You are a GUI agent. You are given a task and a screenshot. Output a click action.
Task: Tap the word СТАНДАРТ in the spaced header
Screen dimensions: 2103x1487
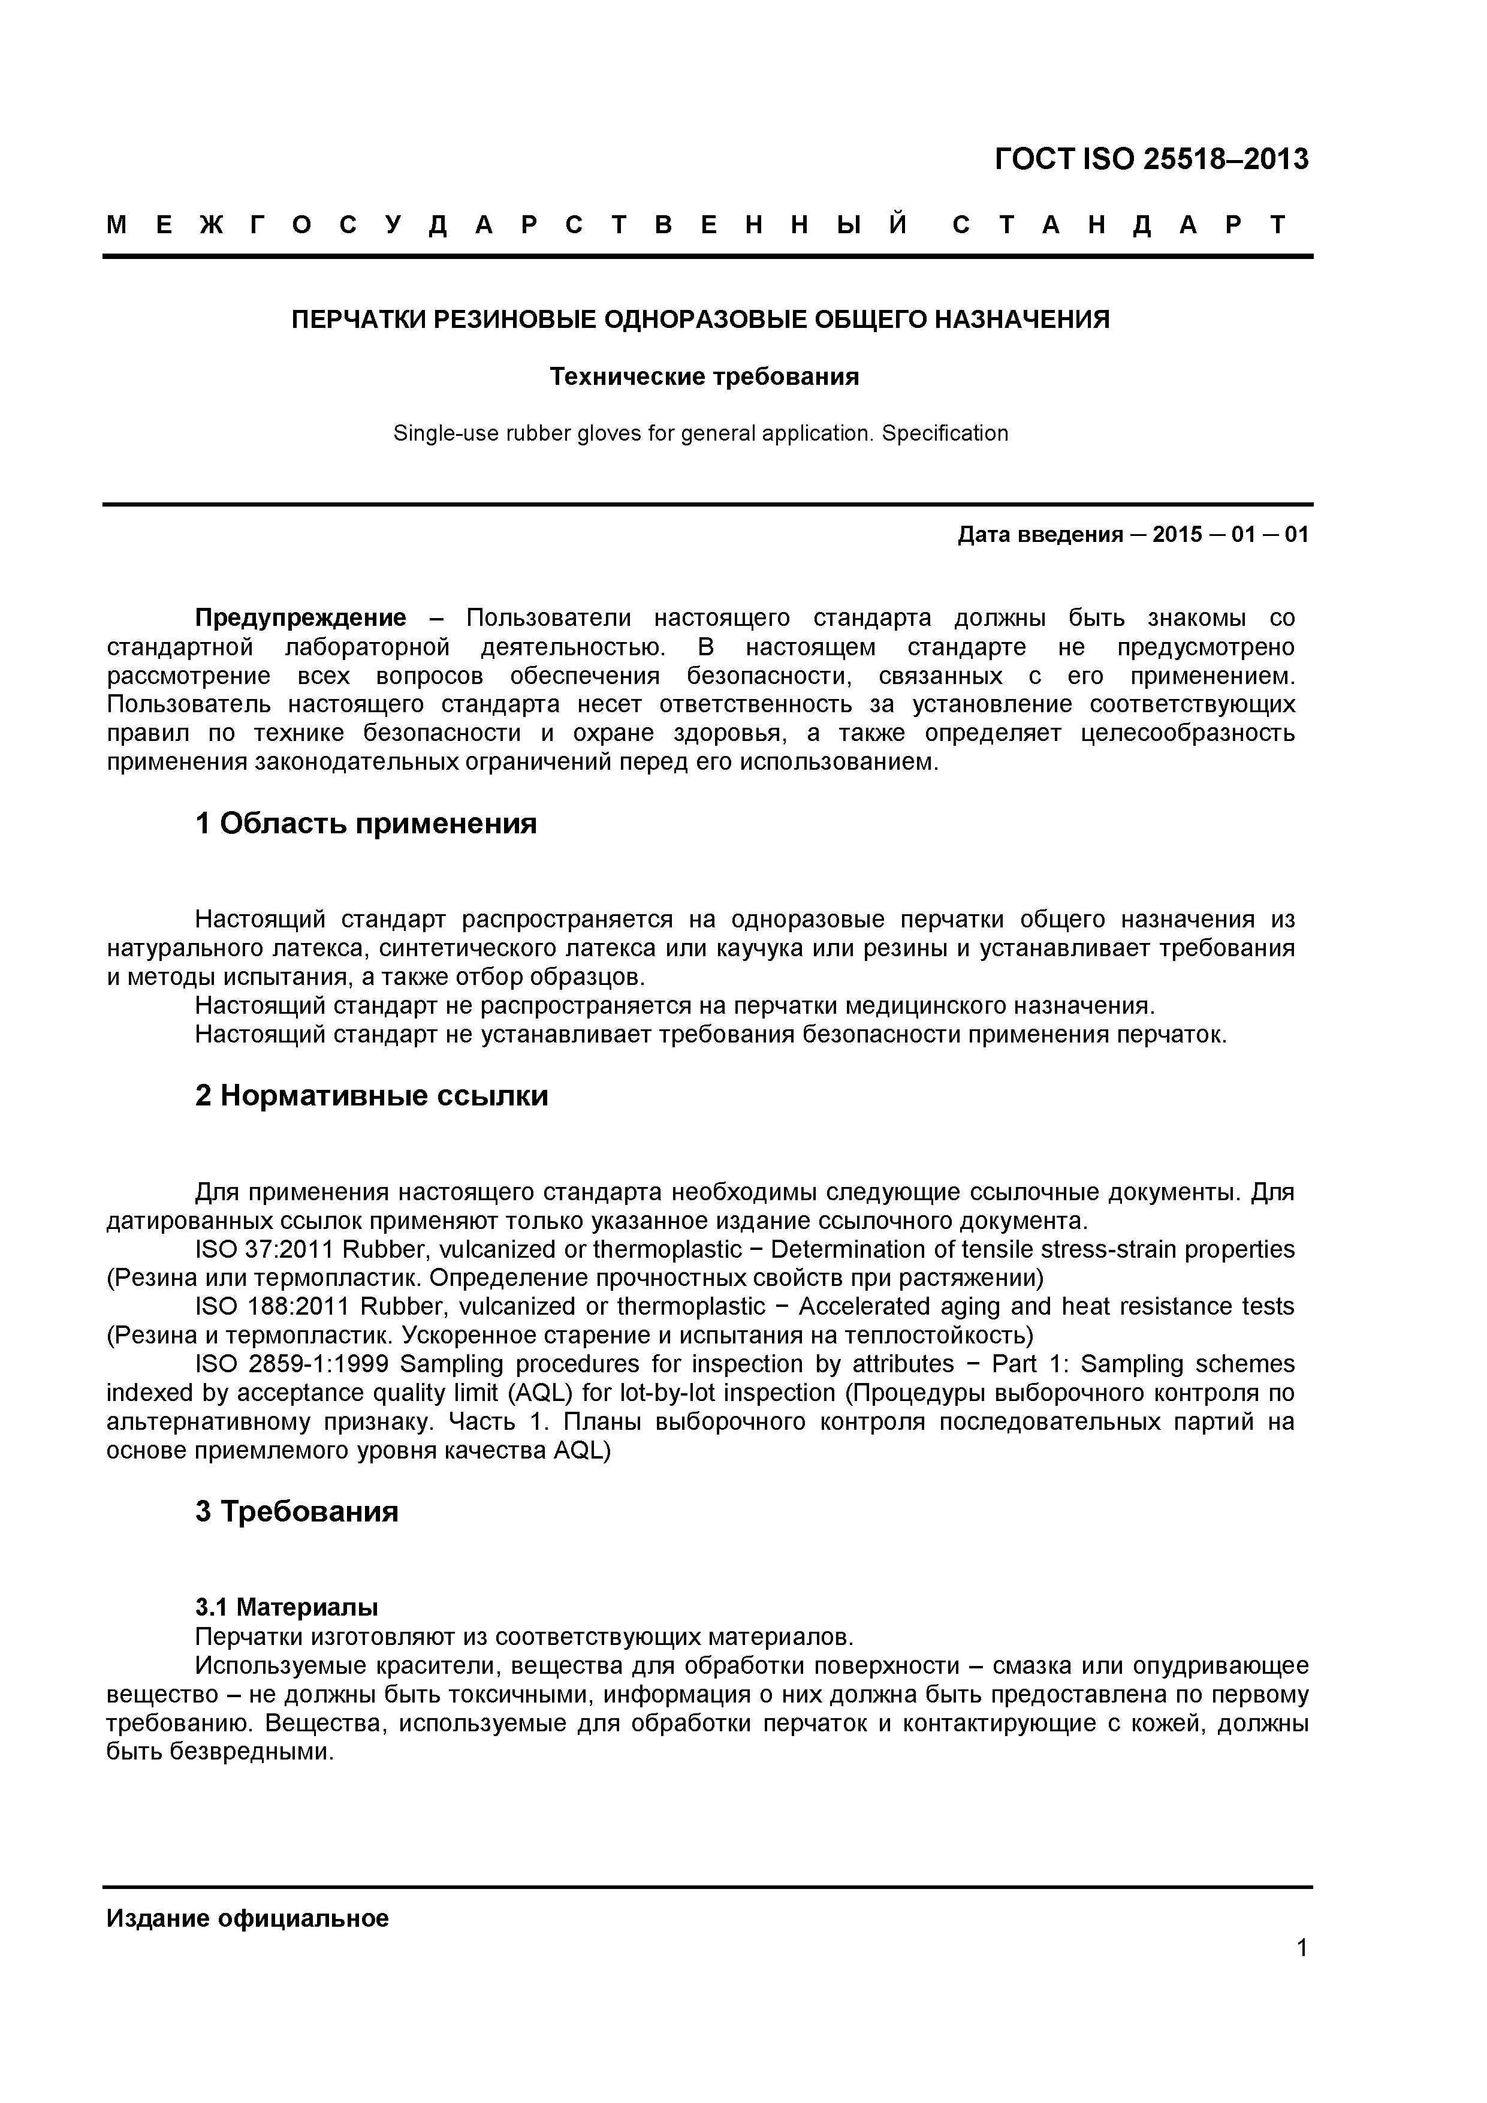[1119, 224]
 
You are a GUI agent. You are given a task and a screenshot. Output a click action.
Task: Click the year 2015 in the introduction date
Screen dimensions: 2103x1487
[1178, 535]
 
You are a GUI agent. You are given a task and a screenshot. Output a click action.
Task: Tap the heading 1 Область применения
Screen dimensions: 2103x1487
[366, 824]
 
